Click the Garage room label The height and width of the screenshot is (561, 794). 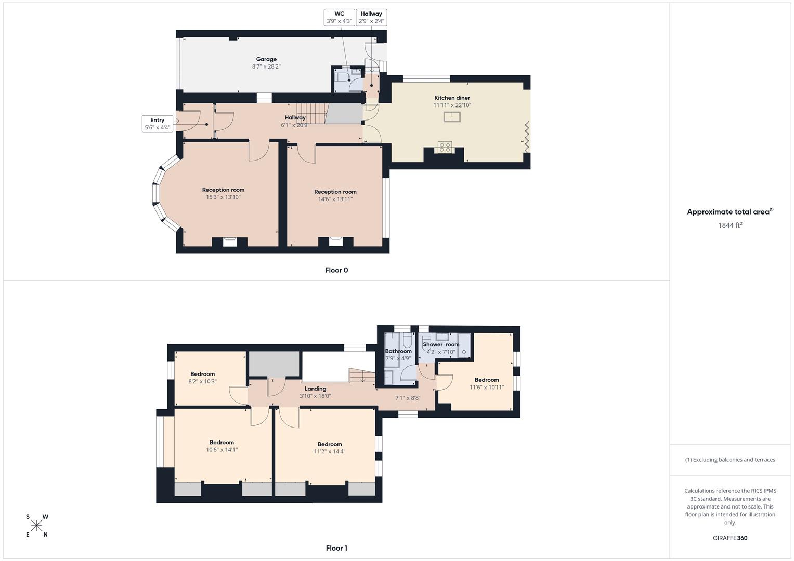[x=266, y=59]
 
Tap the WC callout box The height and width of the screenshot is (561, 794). [x=339, y=17]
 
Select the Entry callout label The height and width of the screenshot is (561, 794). [x=157, y=124]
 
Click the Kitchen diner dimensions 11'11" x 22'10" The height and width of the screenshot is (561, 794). [x=452, y=105]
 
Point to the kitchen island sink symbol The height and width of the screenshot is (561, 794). [x=452, y=116]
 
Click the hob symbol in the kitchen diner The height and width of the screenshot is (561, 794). [x=445, y=147]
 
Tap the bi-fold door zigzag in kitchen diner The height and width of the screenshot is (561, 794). [x=526, y=137]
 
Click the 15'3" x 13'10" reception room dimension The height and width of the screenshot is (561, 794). [x=223, y=197]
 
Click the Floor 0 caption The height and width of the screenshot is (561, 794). [x=336, y=270]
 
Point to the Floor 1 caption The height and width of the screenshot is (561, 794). [x=336, y=548]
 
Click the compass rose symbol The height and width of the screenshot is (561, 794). [x=36, y=526]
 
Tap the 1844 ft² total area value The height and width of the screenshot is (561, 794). [x=730, y=225]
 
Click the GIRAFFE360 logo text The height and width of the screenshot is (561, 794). [x=730, y=538]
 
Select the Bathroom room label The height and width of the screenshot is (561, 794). [x=398, y=351]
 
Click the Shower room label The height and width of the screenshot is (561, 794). [x=441, y=344]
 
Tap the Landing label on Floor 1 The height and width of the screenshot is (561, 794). [x=315, y=389]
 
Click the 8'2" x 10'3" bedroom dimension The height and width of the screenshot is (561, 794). [x=202, y=381]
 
